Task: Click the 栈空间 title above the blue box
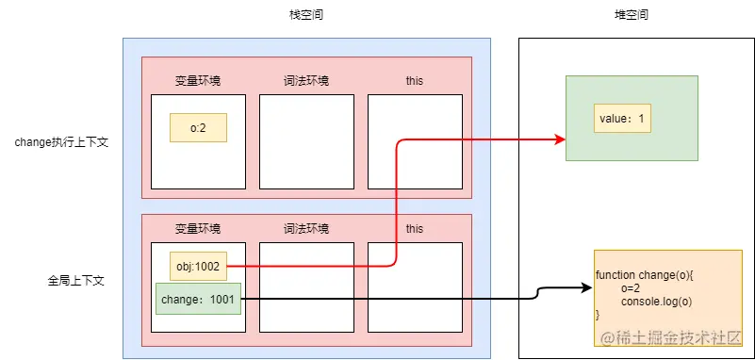(306, 16)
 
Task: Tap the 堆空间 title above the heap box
(631, 16)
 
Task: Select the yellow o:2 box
(198, 128)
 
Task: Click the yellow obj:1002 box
(198, 267)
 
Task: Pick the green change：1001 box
(198, 299)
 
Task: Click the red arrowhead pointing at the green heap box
(560, 140)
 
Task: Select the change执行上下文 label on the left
(61, 142)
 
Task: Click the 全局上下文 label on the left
(74, 280)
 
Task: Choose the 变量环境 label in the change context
(198, 81)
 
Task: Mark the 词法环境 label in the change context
(306, 81)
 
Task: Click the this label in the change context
(414, 81)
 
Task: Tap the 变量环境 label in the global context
(198, 229)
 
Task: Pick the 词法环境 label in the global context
(306, 229)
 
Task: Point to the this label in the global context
(414, 229)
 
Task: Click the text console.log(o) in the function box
(652, 301)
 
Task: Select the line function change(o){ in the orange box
(645, 275)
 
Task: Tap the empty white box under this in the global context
(414, 287)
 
